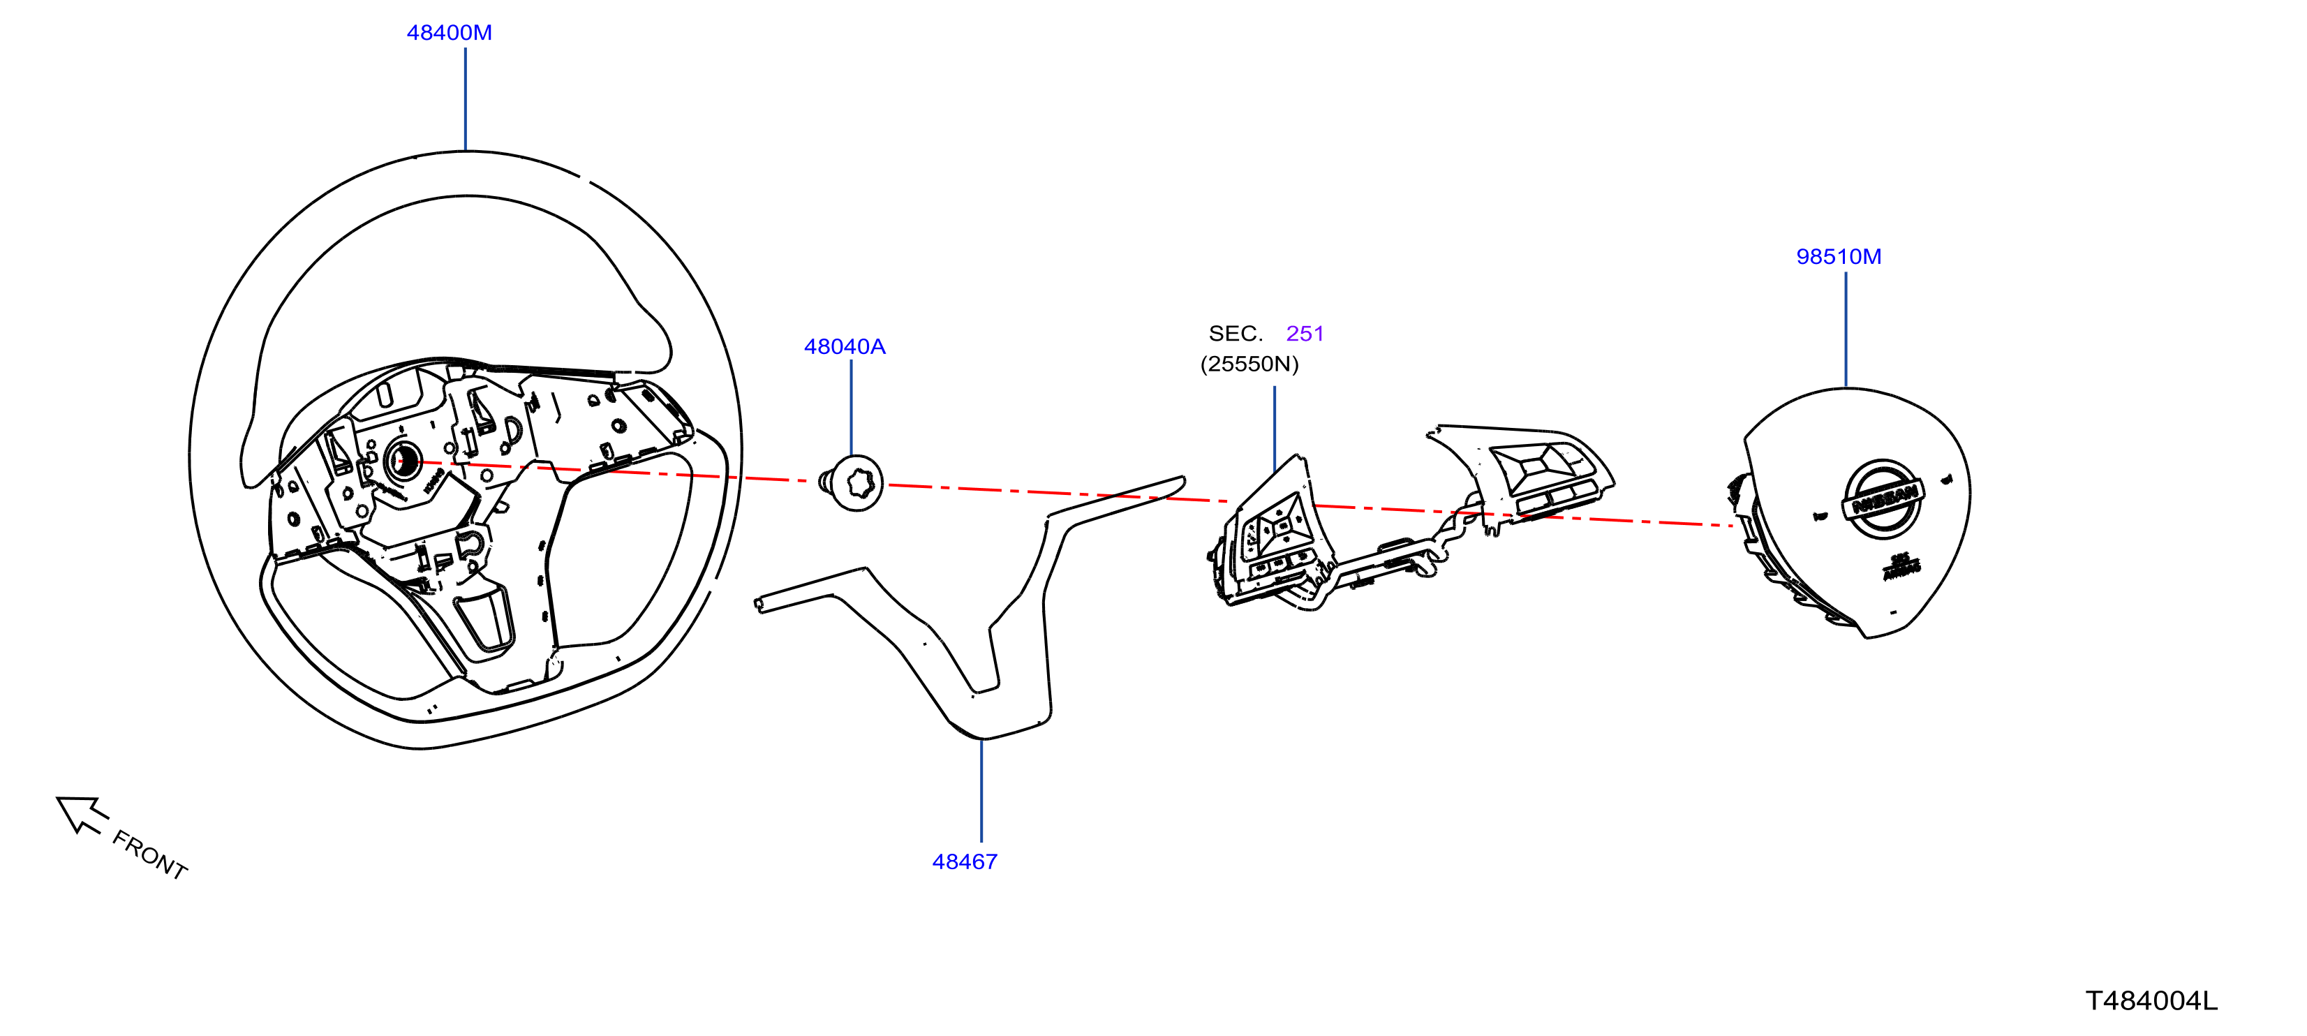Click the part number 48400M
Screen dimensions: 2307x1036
[449, 32]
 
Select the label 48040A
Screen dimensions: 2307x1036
[845, 346]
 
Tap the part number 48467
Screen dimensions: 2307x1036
[965, 861]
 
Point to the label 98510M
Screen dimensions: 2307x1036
[1839, 256]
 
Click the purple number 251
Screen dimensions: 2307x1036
[1305, 333]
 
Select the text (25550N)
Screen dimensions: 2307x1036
[1249, 364]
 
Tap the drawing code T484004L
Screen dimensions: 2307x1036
[2152, 1000]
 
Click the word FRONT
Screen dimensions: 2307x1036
[149, 854]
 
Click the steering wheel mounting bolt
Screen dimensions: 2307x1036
[852, 484]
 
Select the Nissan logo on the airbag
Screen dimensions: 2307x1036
[1882, 500]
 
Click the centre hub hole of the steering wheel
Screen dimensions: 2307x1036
[403, 462]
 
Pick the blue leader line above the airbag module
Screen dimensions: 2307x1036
[1846, 330]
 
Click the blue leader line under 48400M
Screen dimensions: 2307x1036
[466, 99]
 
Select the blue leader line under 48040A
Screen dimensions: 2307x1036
[851, 408]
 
